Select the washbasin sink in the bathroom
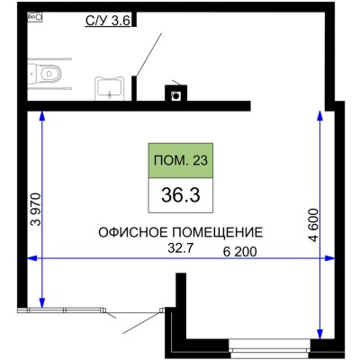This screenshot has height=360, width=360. [110, 88]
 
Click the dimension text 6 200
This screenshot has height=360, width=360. [240, 251]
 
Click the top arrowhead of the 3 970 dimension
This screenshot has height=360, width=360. [43, 115]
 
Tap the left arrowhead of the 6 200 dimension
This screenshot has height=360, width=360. [35, 259]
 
